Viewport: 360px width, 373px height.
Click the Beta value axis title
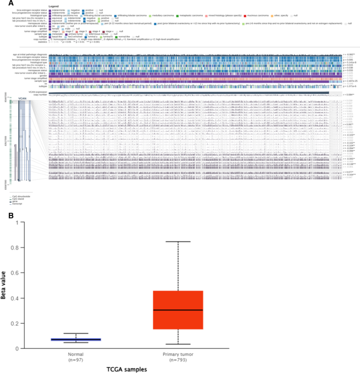[x=6, y=284]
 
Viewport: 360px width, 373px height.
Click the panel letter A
[x=4, y=4]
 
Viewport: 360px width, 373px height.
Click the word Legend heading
[x=55, y=6]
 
